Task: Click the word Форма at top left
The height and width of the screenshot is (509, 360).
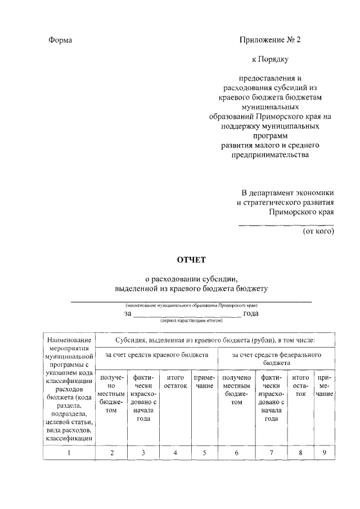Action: pyautogui.click(x=61, y=40)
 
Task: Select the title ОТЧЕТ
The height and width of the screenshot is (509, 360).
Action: pyautogui.click(x=192, y=260)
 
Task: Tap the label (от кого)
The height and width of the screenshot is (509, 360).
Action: pyautogui.click(x=318, y=231)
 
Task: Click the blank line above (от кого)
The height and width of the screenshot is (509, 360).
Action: pyautogui.click(x=286, y=225)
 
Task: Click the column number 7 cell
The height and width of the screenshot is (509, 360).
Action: pyautogui.click(x=272, y=452)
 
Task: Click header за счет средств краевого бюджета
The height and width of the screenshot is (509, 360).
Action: pyautogui.click(x=157, y=355)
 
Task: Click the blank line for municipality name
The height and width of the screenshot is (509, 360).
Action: pyautogui.click(x=191, y=301)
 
